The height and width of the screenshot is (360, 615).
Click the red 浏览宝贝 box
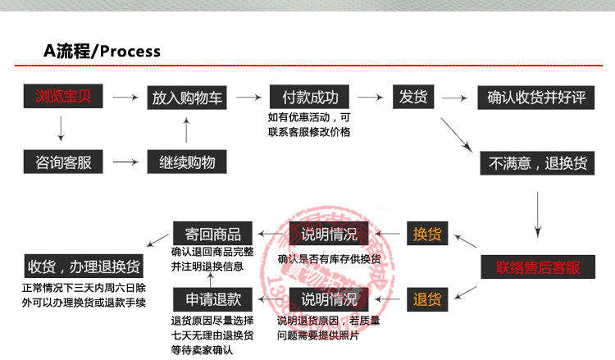62,97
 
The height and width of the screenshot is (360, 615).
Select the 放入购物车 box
187,97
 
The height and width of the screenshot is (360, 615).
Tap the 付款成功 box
310,97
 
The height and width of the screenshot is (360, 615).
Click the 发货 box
413,97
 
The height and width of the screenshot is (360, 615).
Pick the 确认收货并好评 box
536,97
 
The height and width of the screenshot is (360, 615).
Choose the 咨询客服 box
62,162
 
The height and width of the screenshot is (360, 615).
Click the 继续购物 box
187,162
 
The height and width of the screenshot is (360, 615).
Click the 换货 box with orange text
427,234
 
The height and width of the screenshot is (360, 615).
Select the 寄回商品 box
207,234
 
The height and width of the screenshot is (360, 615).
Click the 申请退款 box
207,298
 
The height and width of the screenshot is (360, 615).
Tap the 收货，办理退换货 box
84,267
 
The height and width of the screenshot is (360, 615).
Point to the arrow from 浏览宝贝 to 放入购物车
125,98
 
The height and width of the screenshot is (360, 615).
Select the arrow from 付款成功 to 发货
371,98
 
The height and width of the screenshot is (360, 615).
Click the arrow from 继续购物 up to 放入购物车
187,130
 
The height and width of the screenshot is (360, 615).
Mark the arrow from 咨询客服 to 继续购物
125,162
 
